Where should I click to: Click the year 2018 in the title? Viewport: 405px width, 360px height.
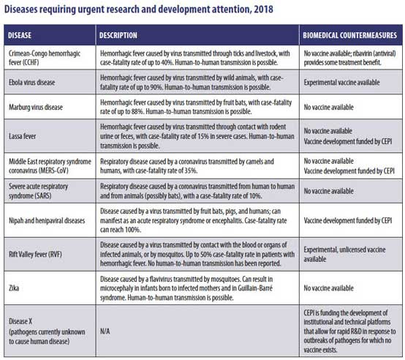(x=263, y=10)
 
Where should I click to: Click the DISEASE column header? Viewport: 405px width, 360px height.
(x=20, y=35)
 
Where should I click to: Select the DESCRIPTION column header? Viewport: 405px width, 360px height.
(x=118, y=35)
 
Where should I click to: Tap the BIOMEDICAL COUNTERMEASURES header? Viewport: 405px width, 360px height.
(x=349, y=35)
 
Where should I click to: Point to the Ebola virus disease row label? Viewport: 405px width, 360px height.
(x=32, y=83)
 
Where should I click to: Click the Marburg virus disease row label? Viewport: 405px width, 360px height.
(x=36, y=107)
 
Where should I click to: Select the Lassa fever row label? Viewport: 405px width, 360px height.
(x=22, y=136)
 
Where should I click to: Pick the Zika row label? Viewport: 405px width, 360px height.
(x=14, y=288)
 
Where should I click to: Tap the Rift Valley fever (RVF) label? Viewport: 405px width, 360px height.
(x=35, y=255)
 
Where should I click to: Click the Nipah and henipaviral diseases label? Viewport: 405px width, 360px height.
(x=47, y=220)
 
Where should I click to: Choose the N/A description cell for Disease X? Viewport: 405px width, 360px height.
(x=105, y=331)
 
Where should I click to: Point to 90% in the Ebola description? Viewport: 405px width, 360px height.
(x=156, y=87)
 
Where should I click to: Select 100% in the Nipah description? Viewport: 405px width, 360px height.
(x=133, y=230)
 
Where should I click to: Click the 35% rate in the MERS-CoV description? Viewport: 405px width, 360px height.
(x=191, y=170)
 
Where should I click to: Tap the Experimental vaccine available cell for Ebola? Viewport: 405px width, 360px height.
(x=341, y=83)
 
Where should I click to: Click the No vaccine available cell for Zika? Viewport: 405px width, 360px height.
(x=328, y=288)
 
